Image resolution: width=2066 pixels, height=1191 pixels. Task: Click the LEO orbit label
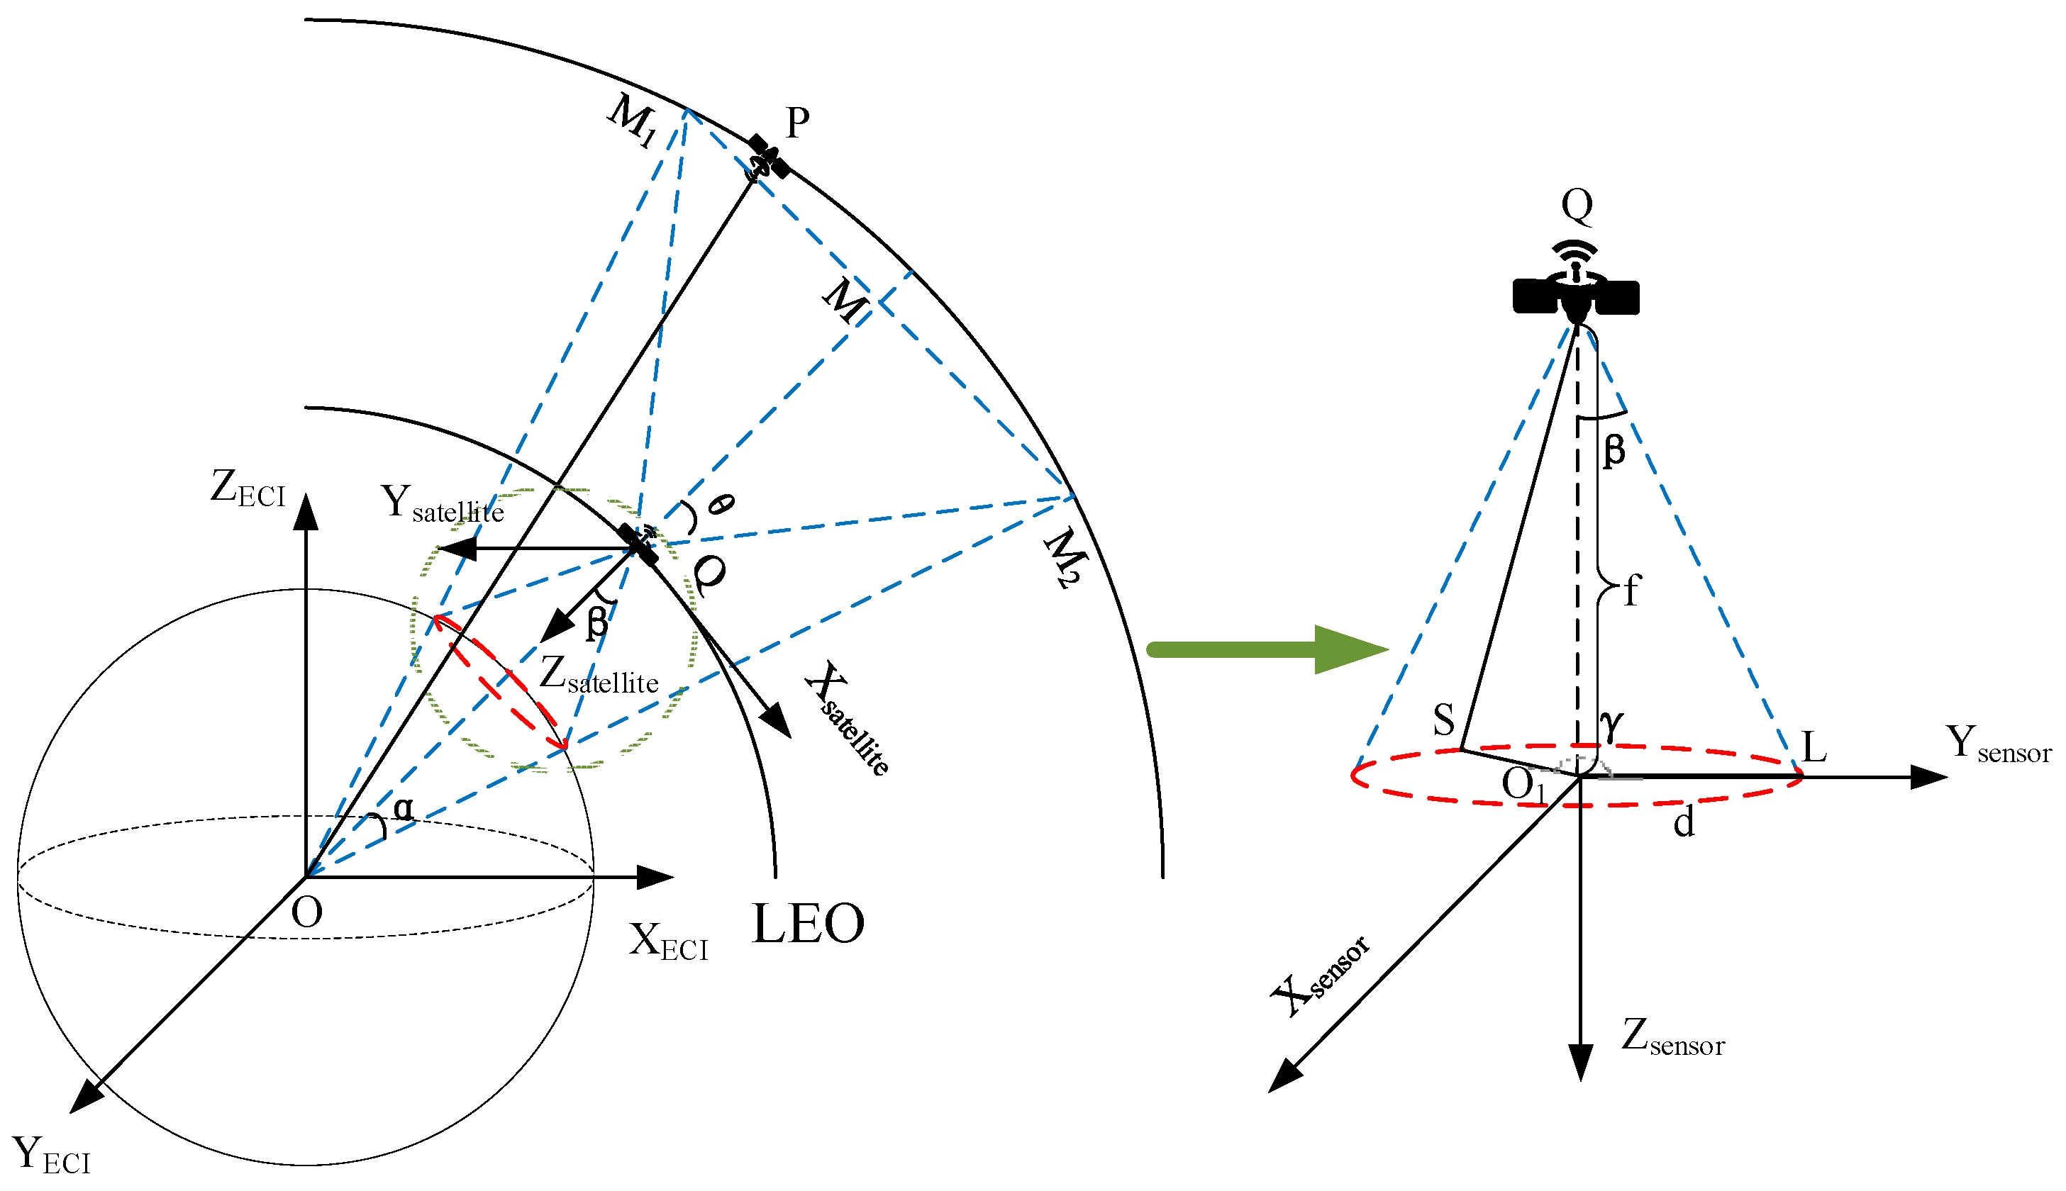click(808, 924)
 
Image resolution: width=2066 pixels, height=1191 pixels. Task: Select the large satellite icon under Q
click(1575, 294)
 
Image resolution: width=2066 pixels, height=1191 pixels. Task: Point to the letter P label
click(797, 123)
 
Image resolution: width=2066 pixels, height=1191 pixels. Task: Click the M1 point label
click(633, 121)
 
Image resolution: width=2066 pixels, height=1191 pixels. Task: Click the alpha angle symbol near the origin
click(404, 809)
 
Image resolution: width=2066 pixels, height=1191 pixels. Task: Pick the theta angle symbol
click(719, 505)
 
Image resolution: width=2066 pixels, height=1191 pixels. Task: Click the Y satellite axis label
click(442, 504)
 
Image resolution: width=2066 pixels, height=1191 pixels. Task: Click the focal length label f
click(1631, 591)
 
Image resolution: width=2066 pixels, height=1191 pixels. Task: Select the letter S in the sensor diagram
click(1444, 720)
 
